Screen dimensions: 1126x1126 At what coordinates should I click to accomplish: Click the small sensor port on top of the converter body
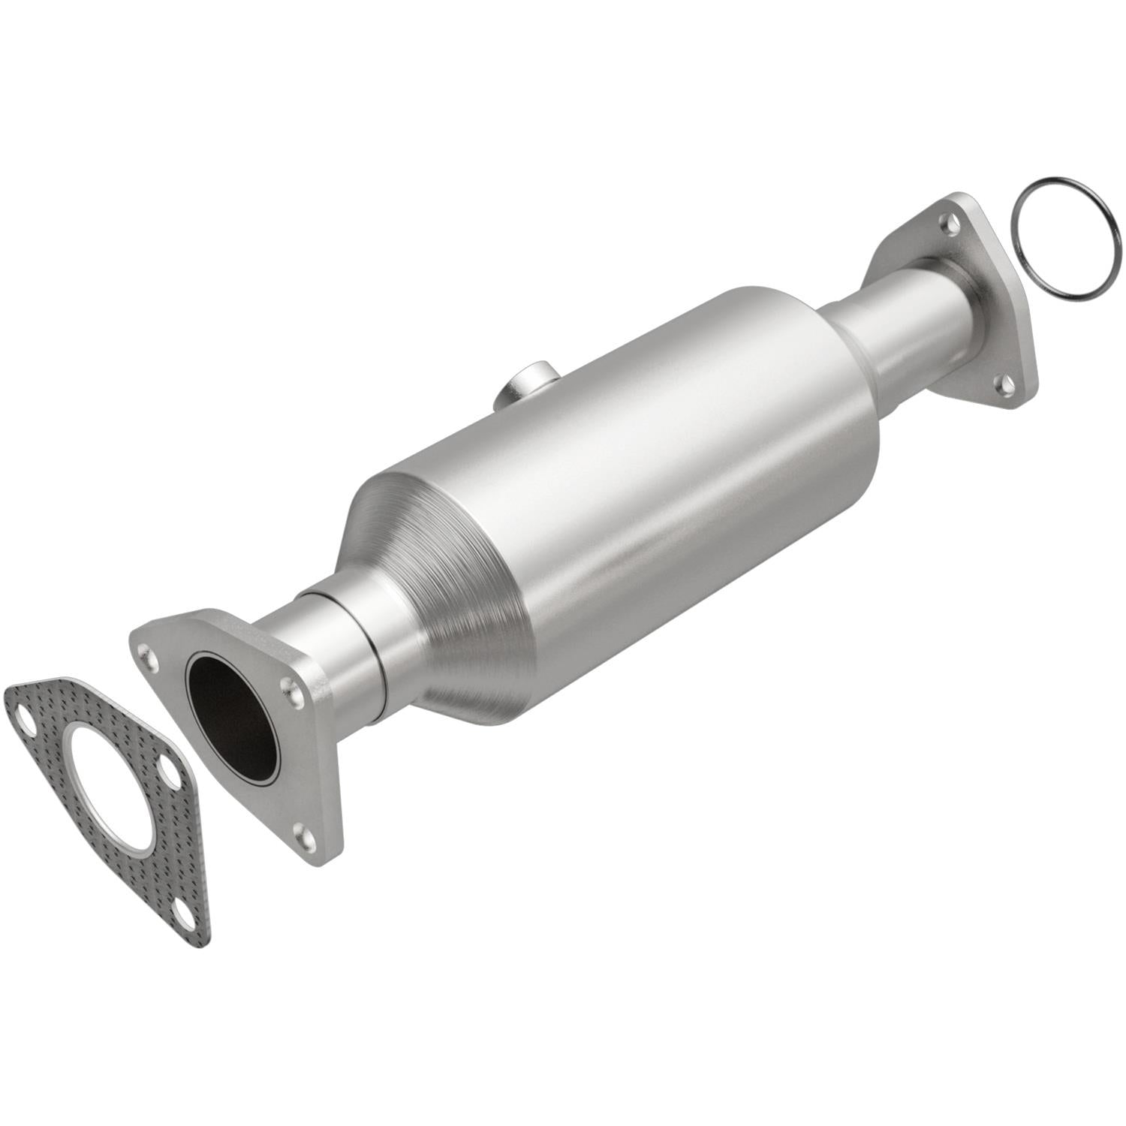[x=525, y=383]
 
